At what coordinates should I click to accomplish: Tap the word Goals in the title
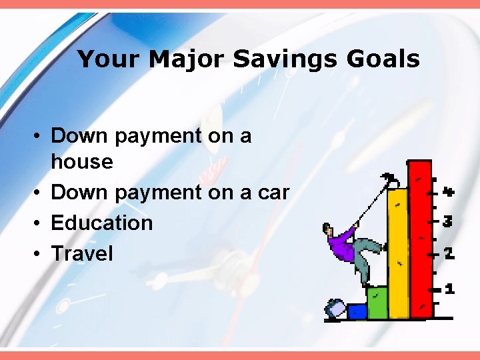click(383, 60)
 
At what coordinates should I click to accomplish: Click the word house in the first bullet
click(82, 162)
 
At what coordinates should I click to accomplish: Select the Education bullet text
click(102, 223)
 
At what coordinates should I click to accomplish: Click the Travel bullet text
click(82, 253)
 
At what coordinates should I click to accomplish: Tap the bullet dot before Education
click(39, 223)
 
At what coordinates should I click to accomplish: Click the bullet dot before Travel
click(39, 254)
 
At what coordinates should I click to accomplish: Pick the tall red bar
click(420, 240)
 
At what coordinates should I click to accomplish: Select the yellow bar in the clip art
click(398, 253)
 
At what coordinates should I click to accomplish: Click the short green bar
click(377, 303)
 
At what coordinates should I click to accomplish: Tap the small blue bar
click(357, 311)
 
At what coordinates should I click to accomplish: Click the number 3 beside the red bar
click(449, 220)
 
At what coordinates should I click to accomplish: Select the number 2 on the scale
click(449, 254)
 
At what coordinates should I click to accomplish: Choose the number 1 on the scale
click(449, 289)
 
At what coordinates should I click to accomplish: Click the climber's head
click(329, 231)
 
